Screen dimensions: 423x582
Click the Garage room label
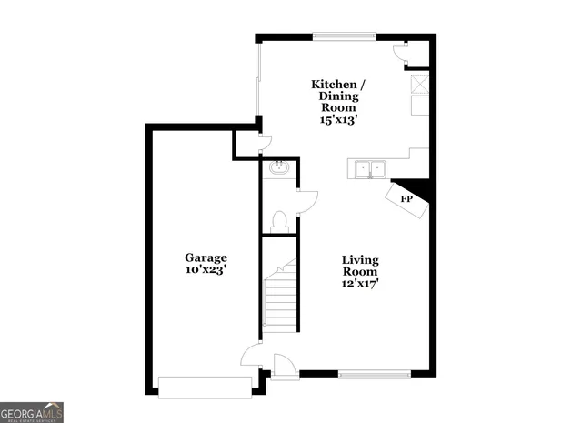(x=206, y=257)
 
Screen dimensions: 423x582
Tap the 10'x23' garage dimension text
(x=206, y=270)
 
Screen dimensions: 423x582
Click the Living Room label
(x=360, y=265)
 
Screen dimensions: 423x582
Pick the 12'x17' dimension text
(x=360, y=283)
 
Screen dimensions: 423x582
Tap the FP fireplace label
(x=406, y=199)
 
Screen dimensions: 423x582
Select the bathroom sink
(x=279, y=167)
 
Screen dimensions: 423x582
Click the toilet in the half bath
(x=279, y=222)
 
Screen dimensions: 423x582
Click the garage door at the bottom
(x=206, y=388)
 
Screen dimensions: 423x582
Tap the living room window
(x=374, y=373)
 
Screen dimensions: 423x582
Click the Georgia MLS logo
(x=32, y=412)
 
